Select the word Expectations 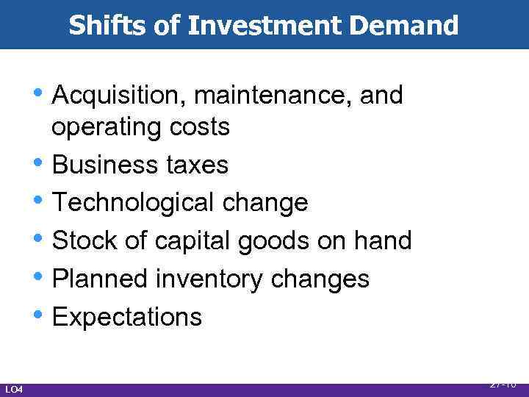point(127,318)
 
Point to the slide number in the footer point(502,384)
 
